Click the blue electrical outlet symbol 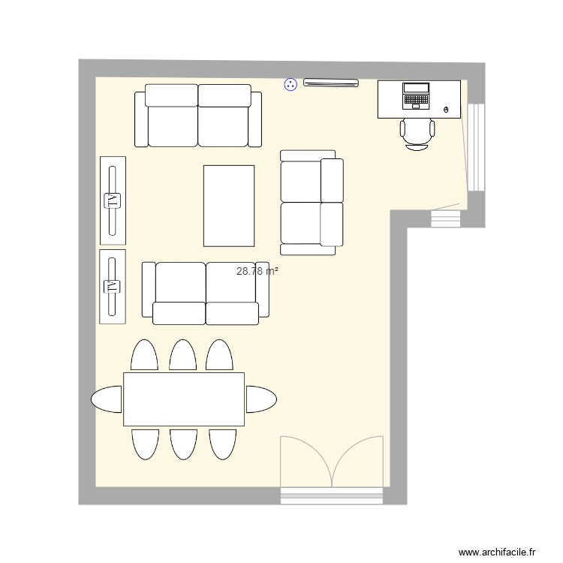pyautogui.click(x=291, y=85)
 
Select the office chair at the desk pyautogui.click(x=417, y=132)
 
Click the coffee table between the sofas pyautogui.click(x=229, y=206)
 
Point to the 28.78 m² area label pyautogui.click(x=257, y=271)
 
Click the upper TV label pyautogui.click(x=113, y=200)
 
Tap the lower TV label pyautogui.click(x=113, y=287)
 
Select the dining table pyautogui.click(x=184, y=399)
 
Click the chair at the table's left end pyautogui.click(x=107, y=399)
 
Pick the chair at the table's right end pyautogui.click(x=260, y=399)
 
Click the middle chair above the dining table pyautogui.click(x=183, y=355)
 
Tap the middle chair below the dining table pyautogui.click(x=183, y=443)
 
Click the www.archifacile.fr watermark pyautogui.click(x=498, y=552)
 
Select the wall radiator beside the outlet pyautogui.click(x=330, y=84)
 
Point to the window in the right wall pyautogui.click(x=475, y=146)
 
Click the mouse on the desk pyautogui.click(x=447, y=110)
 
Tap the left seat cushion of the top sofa pyautogui.click(x=173, y=125)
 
